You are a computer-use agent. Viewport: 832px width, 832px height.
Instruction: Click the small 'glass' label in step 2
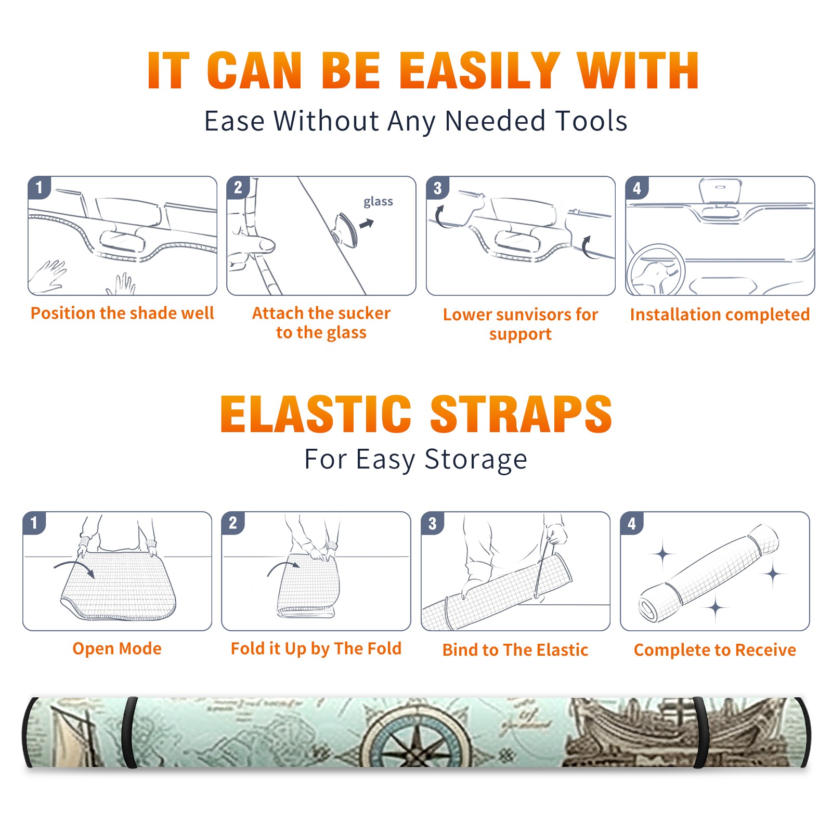tap(378, 201)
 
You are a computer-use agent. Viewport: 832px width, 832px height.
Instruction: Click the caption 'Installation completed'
tap(720, 314)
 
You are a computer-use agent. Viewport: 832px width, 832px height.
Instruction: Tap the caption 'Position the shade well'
tap(122, 313)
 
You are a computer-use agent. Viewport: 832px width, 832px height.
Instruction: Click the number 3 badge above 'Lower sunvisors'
tap(438, 188)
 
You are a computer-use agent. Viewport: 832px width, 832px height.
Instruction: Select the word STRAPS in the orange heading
tap(521, 414)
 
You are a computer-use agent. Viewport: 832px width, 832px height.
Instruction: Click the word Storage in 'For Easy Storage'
tap(476, 460)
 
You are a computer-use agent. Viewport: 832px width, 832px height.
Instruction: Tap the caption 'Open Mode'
tap(117, 648)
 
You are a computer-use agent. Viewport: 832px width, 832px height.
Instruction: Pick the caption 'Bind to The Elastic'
tap(515, 650)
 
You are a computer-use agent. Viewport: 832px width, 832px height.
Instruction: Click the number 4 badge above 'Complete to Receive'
tap(632, 523)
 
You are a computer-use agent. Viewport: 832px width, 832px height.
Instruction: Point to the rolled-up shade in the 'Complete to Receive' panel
tap(709, 573)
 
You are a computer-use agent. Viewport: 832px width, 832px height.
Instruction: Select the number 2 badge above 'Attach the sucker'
tap(238, 188)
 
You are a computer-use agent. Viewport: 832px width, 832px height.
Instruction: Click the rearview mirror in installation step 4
tap(720, 192)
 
